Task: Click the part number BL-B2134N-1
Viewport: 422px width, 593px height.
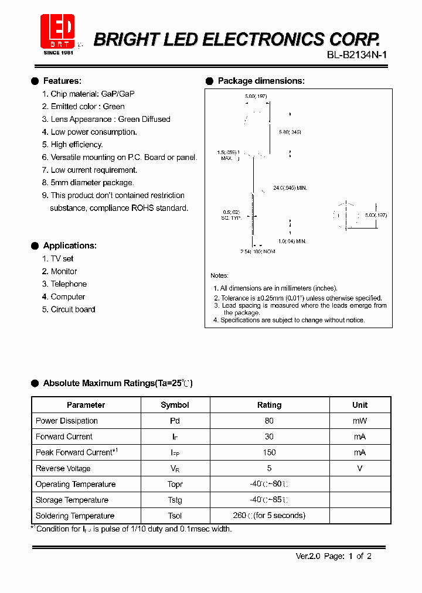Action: (356, 56)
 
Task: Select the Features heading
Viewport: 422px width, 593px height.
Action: (62, 81)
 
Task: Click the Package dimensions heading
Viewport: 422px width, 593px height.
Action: (261, 81)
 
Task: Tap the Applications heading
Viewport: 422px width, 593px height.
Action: (70, 246)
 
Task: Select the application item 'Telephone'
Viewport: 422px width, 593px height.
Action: (69, 284)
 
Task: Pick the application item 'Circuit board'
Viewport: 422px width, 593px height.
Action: (73, 309)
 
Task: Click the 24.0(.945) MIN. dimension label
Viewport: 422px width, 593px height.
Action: (290, 188)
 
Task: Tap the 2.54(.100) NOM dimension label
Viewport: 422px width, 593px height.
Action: (257, 251)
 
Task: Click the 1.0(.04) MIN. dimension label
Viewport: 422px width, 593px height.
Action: (292, 241)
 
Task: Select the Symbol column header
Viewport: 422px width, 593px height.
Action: (175, 405)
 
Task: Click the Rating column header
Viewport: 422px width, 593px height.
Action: (269, 405)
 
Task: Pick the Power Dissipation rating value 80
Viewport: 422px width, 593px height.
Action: (269, 421)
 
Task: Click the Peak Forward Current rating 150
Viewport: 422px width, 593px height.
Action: (269, 452)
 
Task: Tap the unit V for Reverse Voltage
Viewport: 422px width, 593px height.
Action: (360, 468)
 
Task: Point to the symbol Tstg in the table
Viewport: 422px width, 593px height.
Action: (175, 500)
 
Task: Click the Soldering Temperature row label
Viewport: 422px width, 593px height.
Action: (75, 516)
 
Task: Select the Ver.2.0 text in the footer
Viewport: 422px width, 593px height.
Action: (307, 556)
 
